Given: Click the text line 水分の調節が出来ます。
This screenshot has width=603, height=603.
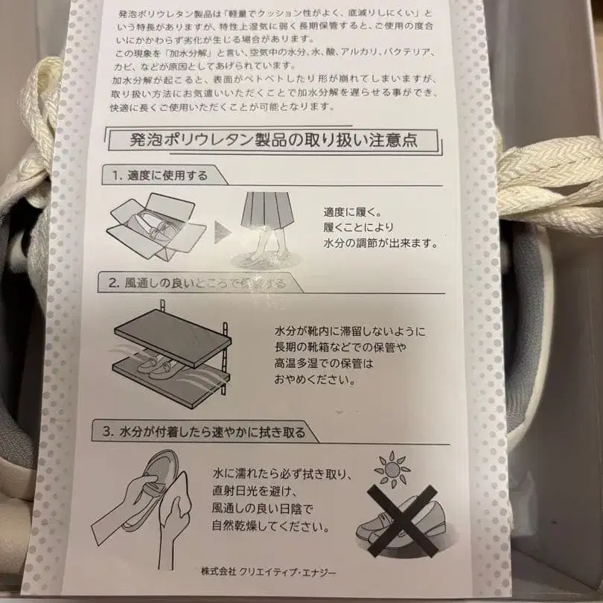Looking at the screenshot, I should tap(380, 243).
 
